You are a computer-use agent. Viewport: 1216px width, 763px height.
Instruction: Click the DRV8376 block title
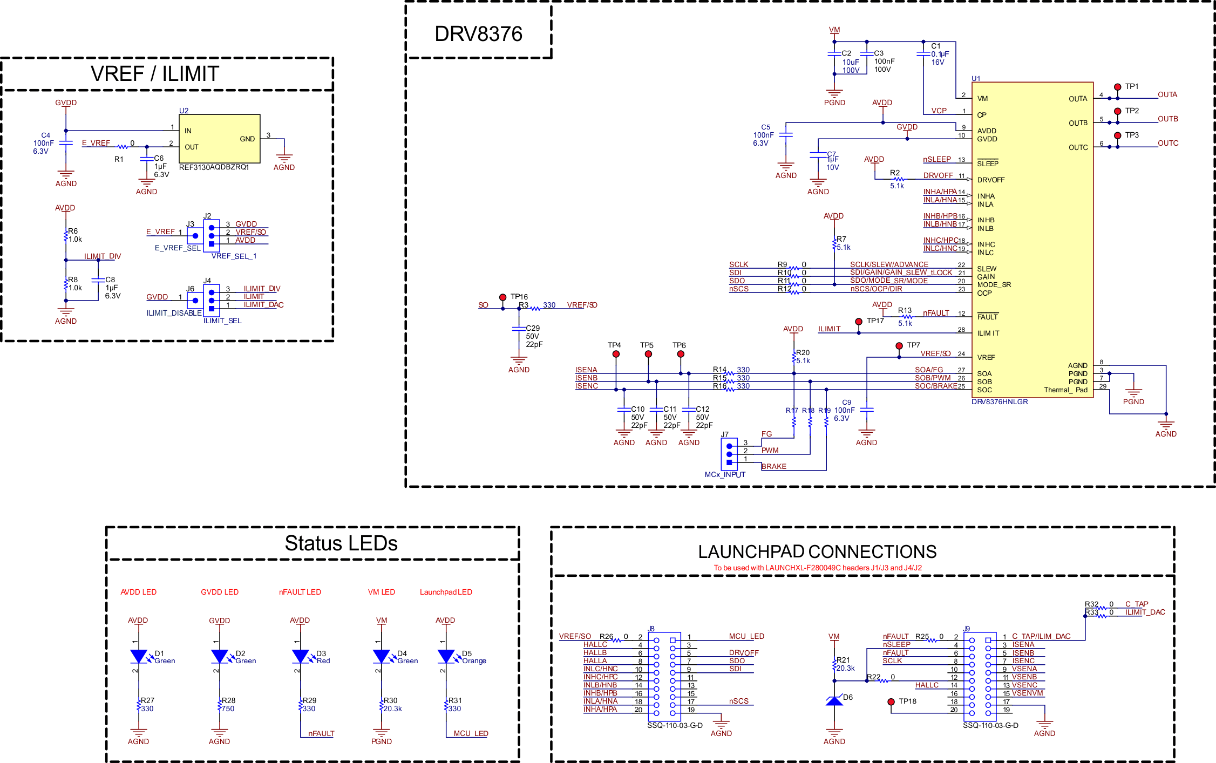pyautogui.click(x=478, y=34)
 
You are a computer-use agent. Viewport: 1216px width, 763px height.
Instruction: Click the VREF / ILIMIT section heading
pyautogui.click(x=155, y=74)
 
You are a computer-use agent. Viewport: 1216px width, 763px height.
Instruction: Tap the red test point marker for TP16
pyautogui.click(x=502, y=297)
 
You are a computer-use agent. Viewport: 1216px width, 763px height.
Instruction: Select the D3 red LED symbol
pyautogui.click(x=300, y=656)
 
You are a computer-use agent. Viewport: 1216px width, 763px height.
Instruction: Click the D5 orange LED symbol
pyautogui.click(x=446, y=656)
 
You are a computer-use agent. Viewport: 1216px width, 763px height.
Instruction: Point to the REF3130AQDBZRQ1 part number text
pyautogui.click(x=214, y=167)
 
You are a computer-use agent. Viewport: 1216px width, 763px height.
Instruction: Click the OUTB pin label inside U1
pyautogui.click(x=1078, y=123)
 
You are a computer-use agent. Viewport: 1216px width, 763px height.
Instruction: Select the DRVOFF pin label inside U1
pyautogui.click(x=990, y=180)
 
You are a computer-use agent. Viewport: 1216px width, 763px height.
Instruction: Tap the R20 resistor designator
pyautogui.click(x=803, y=352)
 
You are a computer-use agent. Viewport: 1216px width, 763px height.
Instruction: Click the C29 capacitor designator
pyautogui.click(x=533, y=328)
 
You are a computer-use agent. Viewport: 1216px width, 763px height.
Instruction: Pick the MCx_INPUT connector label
pyautogui.click(x=725, y=474)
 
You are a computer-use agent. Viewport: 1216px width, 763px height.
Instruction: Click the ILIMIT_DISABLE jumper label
pyautogui.click(x=174, y=313)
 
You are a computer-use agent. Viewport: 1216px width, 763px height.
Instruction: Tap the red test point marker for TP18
pyautogui.click(x=891, y=701)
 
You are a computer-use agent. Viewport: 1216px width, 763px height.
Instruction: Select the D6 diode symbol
pyautogui.click(x=834, y=701)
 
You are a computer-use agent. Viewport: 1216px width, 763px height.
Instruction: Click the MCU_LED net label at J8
pyautogui.click(x=746, y=636)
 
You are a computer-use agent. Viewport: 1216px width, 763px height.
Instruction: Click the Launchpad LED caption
pyautogui.click(x=446, y=592)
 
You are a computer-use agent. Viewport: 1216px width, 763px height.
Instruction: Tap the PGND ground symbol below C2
pyautogui.click(x=834, y=94)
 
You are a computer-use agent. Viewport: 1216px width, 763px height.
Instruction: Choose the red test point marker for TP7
pyautogui.click(x=899, y=346)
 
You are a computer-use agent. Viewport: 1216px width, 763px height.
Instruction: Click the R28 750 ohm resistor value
pyautogui.click(x=228, y=708)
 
